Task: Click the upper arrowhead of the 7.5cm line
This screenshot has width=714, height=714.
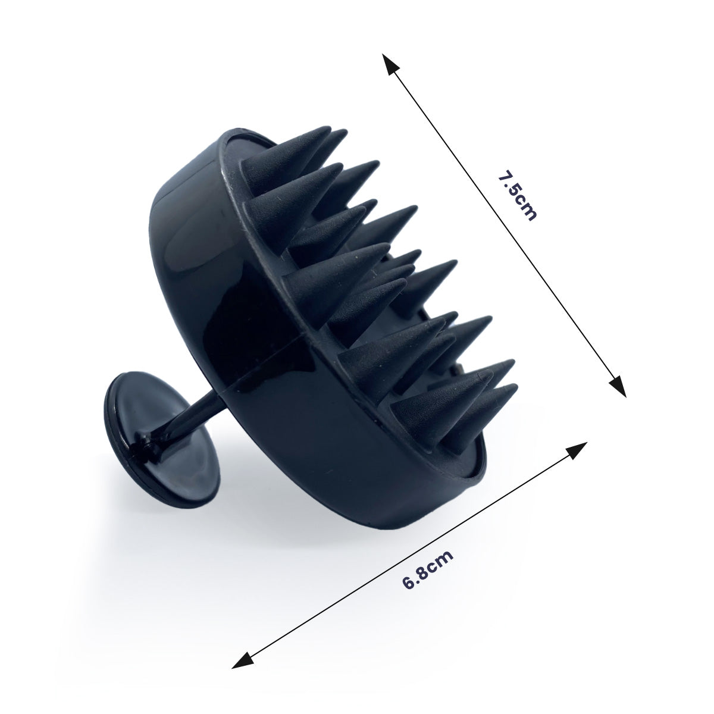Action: click(x=390, y=64)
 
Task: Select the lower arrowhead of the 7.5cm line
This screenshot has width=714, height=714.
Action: click(x=617, y=386)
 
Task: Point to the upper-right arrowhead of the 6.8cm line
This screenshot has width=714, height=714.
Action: click(x=575, y=450)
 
